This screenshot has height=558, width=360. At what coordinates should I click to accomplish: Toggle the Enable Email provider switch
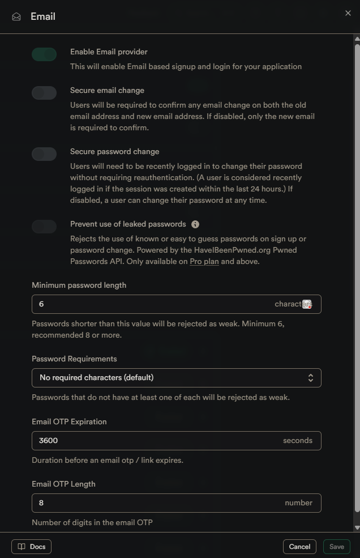44,54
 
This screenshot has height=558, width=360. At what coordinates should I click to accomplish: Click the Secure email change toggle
44,93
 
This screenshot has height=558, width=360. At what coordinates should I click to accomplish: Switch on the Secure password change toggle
44,154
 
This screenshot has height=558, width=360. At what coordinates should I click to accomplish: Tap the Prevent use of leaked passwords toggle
44,227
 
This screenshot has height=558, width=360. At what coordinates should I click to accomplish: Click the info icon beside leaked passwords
195,224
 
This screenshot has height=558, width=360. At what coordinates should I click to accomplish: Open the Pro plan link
204,262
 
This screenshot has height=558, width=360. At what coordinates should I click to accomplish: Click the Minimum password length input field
153,304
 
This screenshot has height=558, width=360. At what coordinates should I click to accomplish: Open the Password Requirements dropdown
176,378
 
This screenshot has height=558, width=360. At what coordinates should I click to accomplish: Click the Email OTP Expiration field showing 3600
153,441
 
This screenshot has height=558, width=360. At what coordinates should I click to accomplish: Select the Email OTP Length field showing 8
153,503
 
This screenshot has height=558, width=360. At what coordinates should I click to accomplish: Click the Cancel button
299,547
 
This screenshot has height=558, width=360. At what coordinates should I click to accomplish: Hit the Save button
337,547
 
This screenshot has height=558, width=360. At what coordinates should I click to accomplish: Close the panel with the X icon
348,13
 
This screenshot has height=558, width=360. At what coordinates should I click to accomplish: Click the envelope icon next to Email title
16,17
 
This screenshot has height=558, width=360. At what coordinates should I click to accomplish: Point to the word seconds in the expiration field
298,441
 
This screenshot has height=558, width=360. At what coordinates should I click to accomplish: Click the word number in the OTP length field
299,503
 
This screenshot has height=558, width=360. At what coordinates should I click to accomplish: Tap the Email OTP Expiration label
69,422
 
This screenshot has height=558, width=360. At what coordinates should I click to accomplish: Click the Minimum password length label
79,286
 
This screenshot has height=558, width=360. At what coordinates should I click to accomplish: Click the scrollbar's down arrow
357,527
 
